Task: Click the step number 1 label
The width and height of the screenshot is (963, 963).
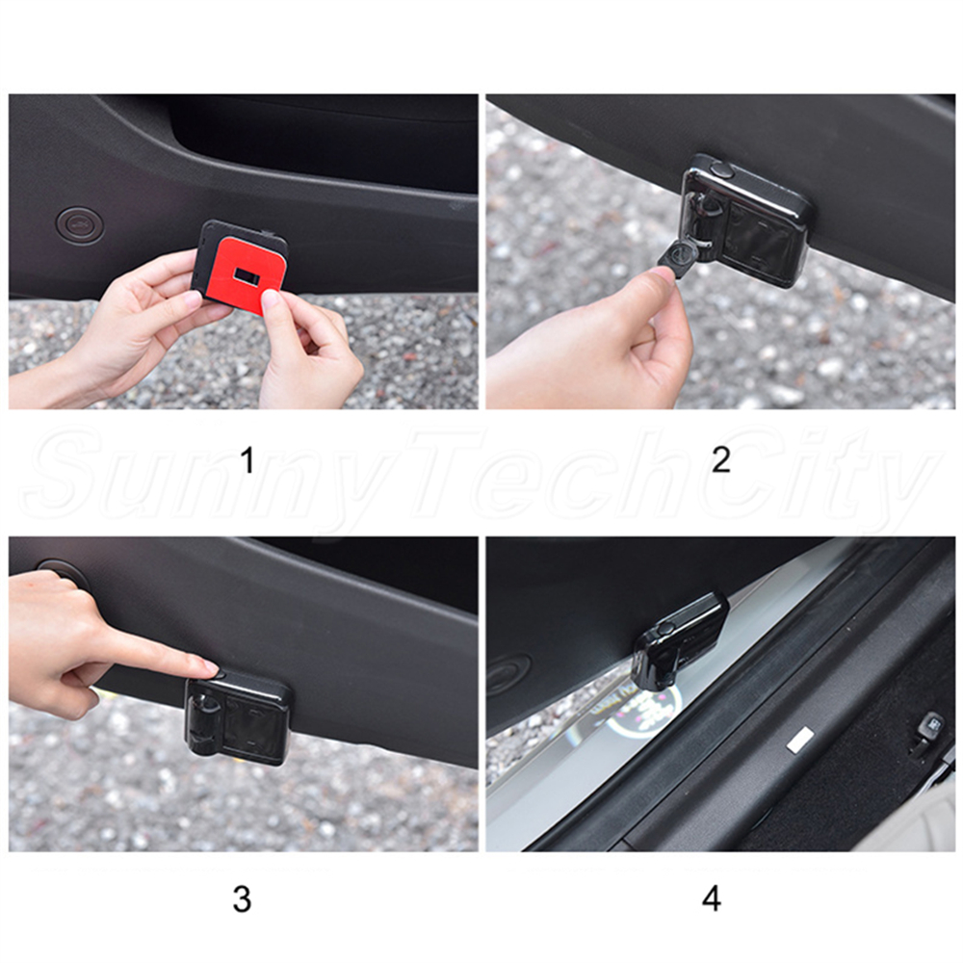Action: pos(247,460)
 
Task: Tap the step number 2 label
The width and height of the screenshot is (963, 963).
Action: pos(721,460)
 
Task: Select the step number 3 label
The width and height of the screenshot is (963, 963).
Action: pos(242,899)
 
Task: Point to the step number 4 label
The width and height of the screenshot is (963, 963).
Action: pos(712,899)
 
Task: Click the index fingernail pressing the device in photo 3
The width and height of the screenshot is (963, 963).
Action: pos(209,667)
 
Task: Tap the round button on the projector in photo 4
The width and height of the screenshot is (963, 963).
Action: pos(665,628)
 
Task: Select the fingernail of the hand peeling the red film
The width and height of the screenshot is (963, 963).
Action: pos(271,300)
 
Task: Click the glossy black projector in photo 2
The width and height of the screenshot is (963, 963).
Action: pos(745,221)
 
